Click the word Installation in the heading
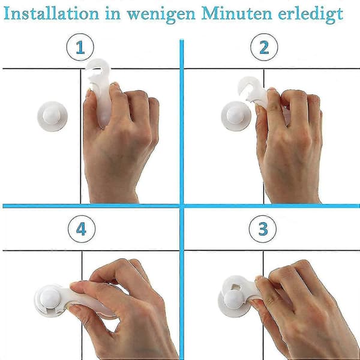pos(52,14)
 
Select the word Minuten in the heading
pos(236,14)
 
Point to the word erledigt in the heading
pos(310,15)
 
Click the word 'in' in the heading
pos(113,14)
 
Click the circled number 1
pos(80,47)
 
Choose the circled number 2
pos(264,47)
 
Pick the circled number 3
pos(263,229)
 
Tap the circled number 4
pos(82,229)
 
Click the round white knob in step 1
pos(52,116)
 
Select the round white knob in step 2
pos(236,116)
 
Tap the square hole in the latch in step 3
pos(236,287)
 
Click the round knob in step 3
pos(234,299)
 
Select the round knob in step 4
pos(50,298)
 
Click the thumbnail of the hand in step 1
pos(88,94)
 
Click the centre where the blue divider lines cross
pos(182,206)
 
